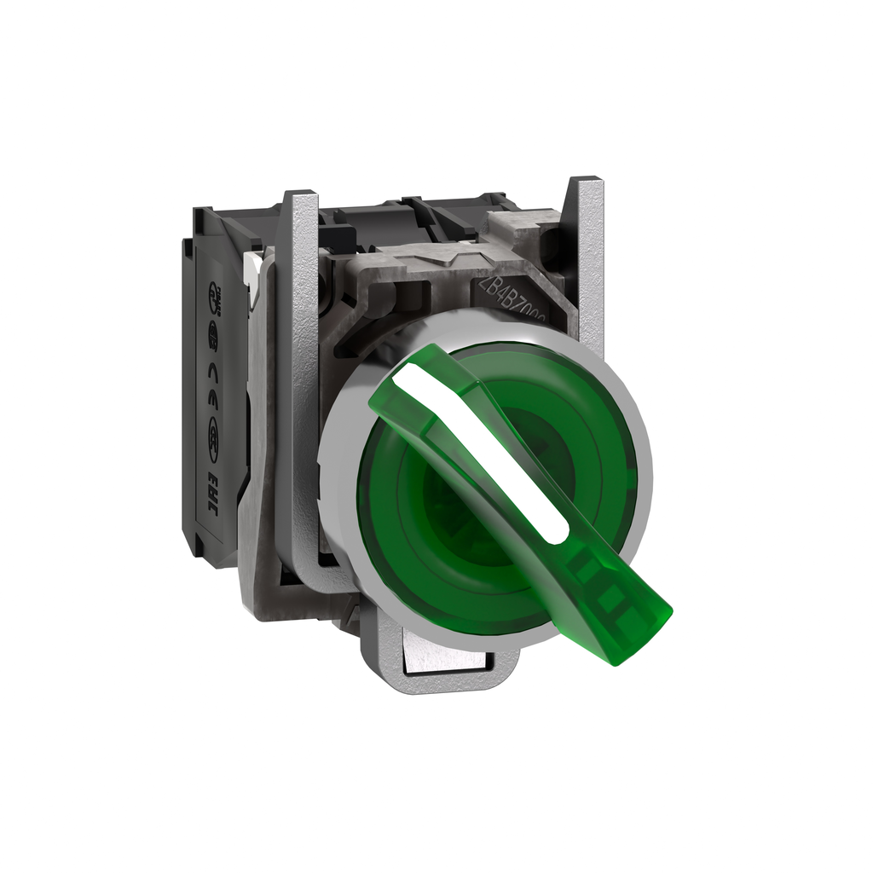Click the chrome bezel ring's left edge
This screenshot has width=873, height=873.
click(x=327, y=477)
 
